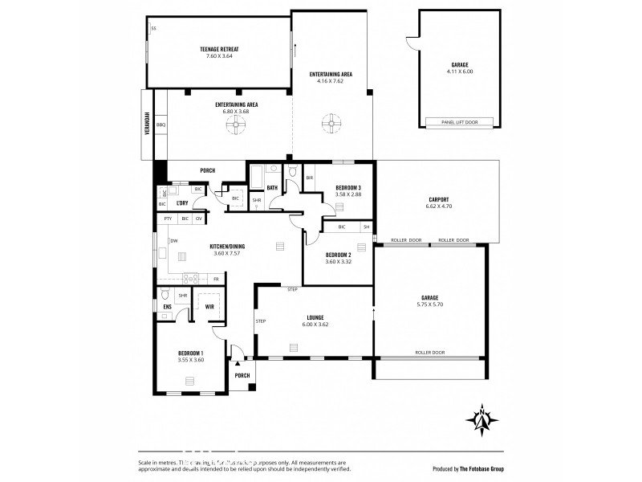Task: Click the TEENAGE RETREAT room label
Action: pyautogui.click(x=219, y=49)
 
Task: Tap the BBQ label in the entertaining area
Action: pyautogui.click(x=160, y=125)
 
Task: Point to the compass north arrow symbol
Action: pyautogui.click(x=481, y=419)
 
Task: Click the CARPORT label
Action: pyautogui.click(x=438, y=199)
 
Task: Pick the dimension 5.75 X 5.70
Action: pyautogui.click(x=429, y=304)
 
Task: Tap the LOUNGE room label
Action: pyautogui.click(x=315, y=318)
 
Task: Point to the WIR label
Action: pyautogui.click(x=209, y=306)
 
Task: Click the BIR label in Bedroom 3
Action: pyautogui.click(x=310, y=178)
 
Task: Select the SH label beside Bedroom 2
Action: pyautogui.click(x=366, y=227)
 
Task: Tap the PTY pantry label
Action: pyautogui.click(x=168, y=219)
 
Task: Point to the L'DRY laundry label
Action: pyautogui.click(x=182, y=203)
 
